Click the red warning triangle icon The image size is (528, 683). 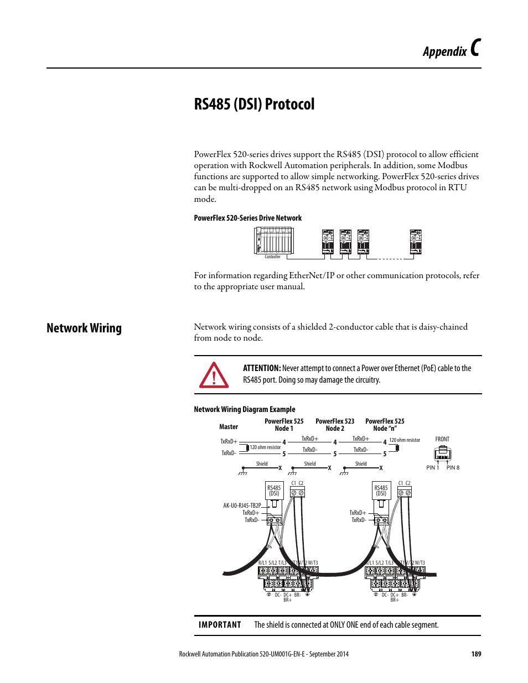point(214,375)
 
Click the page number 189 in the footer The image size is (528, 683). point(476,654)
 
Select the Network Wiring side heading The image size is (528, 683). point(84,328)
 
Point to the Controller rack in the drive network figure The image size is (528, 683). point(273,241)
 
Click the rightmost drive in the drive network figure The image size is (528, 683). point(416,242)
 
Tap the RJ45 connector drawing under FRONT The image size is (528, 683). point(442,453)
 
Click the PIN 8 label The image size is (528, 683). point(453,468)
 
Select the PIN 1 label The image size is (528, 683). point(432,468)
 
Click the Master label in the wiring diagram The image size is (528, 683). point(229,427)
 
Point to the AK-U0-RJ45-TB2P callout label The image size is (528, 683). point(242,505)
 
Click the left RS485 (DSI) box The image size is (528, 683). point(274,491)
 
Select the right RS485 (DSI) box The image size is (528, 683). point(381,491)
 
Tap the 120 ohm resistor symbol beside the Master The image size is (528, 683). point(247,447)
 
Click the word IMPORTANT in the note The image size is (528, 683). point(220,625)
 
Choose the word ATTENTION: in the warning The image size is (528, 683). point(262,368)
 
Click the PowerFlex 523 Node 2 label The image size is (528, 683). point(335,425)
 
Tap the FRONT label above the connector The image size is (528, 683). point(442,439)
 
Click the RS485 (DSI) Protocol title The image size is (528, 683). point(254,104)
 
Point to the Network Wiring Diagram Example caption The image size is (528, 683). point(244,409)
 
